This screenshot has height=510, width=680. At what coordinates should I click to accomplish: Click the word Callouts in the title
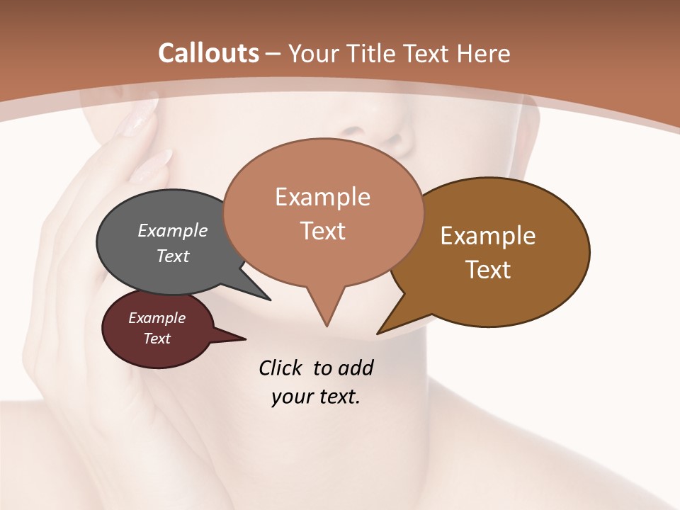tap(208, 53)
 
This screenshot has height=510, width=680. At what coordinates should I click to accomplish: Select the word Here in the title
tap(484, 53)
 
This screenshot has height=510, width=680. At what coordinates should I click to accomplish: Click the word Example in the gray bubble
tap(172, 230)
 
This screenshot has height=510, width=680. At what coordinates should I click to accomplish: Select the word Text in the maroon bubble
tap(157, 339)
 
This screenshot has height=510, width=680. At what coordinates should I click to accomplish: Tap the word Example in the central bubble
tap(322, 197)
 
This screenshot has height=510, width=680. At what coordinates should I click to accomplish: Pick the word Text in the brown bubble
tap(488, 270)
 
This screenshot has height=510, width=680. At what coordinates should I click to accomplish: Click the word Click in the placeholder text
tap(281, 368)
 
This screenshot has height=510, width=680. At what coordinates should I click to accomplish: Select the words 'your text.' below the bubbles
tap(315, 397)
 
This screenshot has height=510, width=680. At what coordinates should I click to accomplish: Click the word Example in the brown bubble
tap(488, 236)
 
